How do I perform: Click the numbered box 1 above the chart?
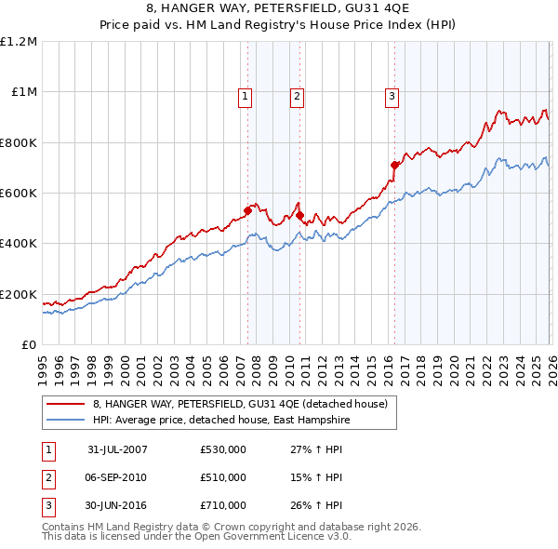[x=245, y=95]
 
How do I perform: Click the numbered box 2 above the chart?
[x=297, y=95]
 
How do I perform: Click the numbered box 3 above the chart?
[x=392, y=95]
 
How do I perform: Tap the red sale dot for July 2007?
[x=248, y=210]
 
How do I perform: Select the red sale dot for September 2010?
[x=299, y=216]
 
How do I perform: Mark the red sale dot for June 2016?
[x=394, y=165]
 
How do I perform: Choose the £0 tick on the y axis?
[x=28, y=344]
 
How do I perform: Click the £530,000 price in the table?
[x=223, y=449]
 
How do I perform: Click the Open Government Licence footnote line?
[x=197, y=537]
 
